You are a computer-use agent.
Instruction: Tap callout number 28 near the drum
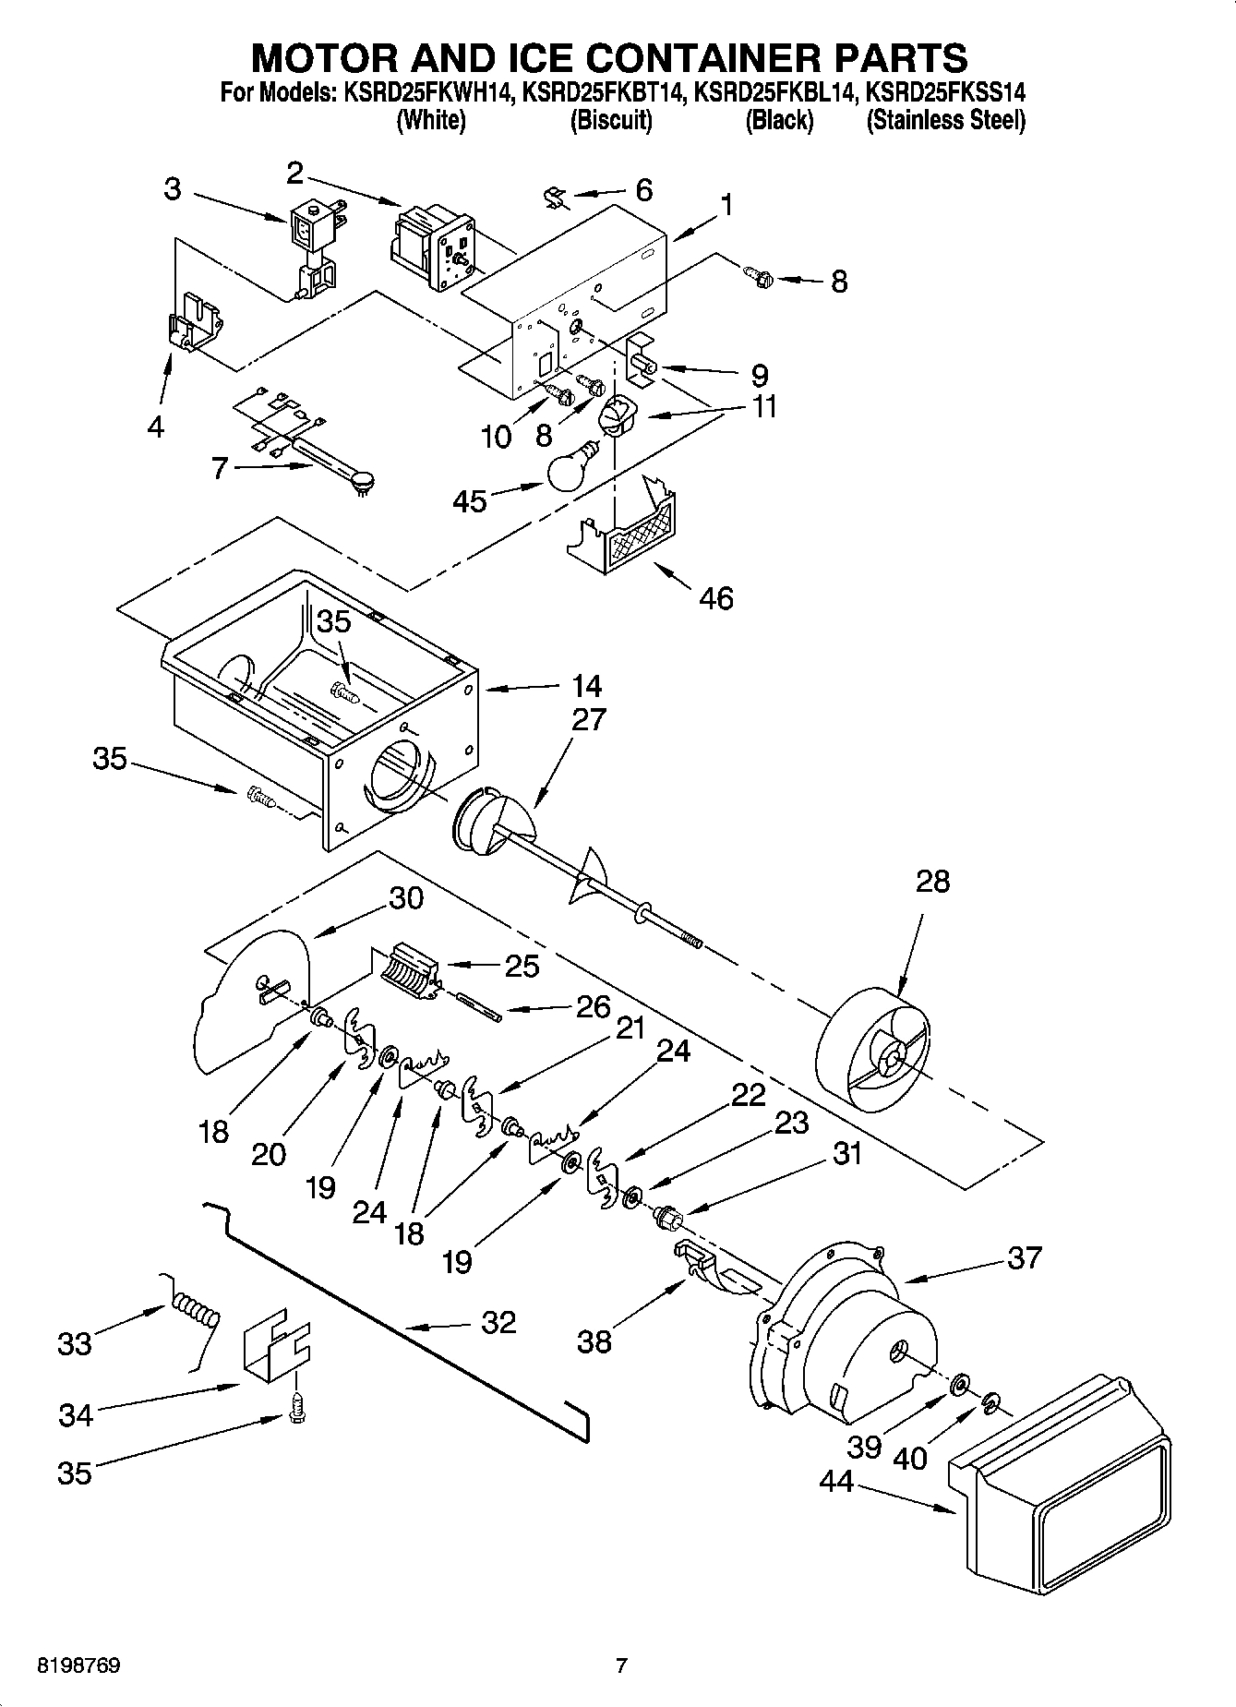pyautogui.click(x=932, y=881)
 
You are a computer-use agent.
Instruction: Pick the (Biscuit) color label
pyautogui.click(x=611, y=120)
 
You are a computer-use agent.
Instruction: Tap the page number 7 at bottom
pyautogui.click(x=621, y=1665)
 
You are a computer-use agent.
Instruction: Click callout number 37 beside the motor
pyautogui.click(x=1025, y=1257)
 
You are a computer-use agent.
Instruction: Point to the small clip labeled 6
pyautogui.click(x=555, y=197)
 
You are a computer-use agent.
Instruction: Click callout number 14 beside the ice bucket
pyautogui.click(x=585, y=686)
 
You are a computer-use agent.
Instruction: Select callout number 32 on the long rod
pyautogui.click(x=498, y=1322)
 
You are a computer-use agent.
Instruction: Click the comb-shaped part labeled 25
pyautogui.click(x=406, y=972)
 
